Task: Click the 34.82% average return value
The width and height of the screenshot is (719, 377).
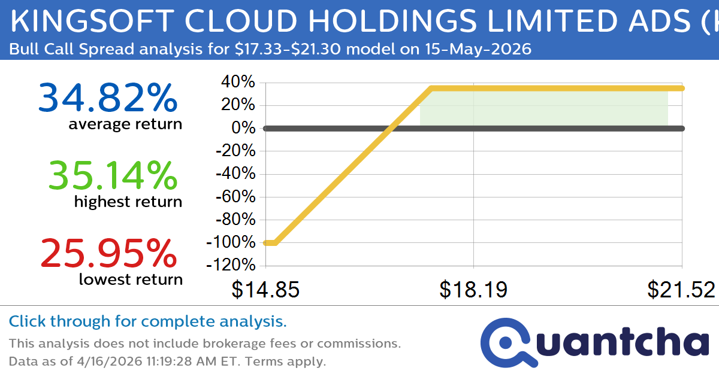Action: tap(108, 98)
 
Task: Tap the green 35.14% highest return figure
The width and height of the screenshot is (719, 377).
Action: tap(113, 176)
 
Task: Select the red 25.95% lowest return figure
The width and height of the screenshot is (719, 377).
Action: tap(108, 253)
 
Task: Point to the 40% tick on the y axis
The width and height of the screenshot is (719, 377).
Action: tap(240, 82)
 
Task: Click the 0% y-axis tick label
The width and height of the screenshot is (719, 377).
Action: tap(244, 128)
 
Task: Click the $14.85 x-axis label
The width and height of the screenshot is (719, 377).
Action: tap(265, 290)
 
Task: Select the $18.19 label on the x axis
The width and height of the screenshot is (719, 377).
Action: tap(473, 290)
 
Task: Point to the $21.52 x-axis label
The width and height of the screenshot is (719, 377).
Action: tap(681, 290)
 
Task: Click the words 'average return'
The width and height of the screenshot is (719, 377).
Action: tap(125, 124)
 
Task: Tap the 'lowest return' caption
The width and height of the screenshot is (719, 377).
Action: tap(131, 279)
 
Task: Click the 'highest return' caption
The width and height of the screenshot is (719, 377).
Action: tap(128, 202)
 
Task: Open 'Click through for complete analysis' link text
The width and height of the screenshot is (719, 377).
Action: tap(148, 322)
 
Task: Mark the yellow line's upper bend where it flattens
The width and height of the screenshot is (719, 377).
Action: tap(431, 89)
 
